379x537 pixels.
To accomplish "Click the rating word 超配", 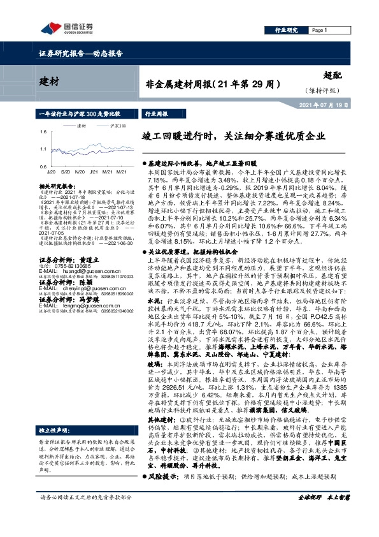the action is coord(334,75).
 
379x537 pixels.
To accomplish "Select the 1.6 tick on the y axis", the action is coord(42,131).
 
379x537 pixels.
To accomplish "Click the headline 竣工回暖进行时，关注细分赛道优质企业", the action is coord(233,136).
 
